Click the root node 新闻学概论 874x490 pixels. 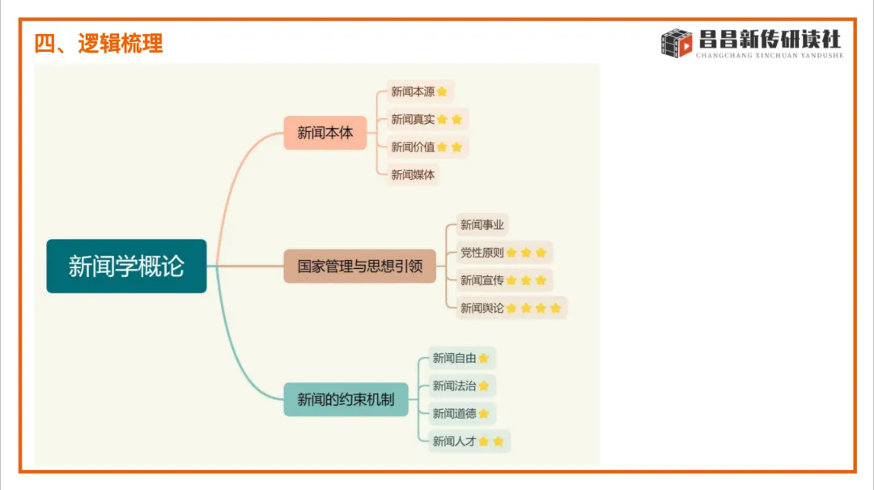126,266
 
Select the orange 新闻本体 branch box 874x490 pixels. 325,133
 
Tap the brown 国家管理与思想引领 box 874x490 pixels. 359,266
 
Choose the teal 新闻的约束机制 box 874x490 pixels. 346,399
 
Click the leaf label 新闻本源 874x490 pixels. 413,92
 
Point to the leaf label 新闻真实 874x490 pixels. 413,119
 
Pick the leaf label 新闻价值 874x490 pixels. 413,147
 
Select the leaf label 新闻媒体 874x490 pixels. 413,174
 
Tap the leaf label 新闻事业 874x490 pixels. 482,224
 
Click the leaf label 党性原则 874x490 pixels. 482,253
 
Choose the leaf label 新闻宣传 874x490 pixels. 482,280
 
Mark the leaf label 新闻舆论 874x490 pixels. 482,308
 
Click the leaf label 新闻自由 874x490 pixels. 454,357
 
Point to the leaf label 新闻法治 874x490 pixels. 454,386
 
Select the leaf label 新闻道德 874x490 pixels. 454,413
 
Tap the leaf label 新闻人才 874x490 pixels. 454,441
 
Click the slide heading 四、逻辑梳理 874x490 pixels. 98,43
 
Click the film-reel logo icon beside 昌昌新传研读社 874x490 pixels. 677,43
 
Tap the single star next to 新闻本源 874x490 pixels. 442,92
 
